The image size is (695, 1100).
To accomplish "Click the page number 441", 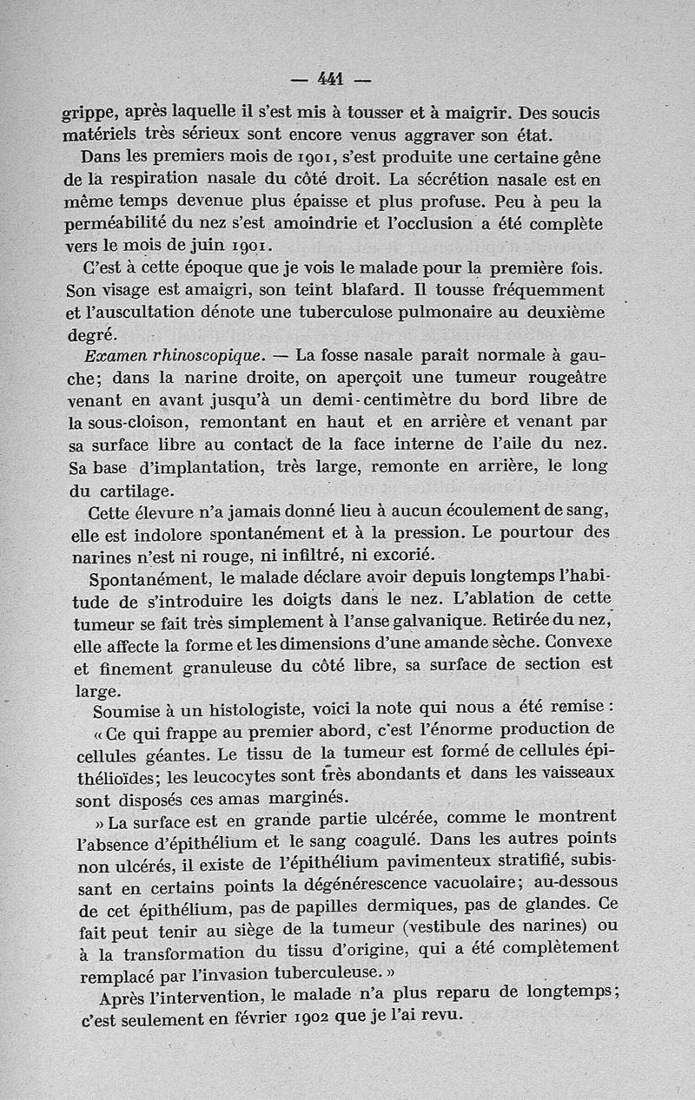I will pos(331,79).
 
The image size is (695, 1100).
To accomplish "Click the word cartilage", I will pos(133,490).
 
